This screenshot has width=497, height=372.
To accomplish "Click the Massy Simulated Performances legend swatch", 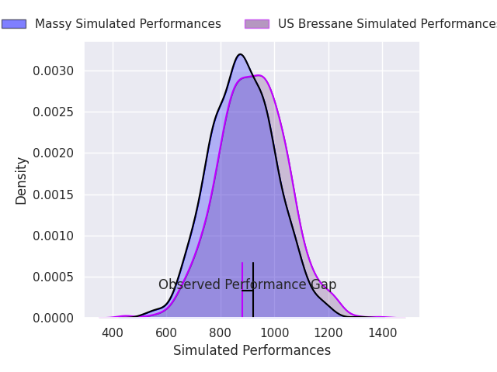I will [x=14, y=24].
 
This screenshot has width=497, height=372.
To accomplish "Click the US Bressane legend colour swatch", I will [x=257, y=24].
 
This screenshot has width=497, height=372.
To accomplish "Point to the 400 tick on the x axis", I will [x=113, y=333].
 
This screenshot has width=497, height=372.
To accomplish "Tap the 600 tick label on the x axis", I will [x=166, y=333].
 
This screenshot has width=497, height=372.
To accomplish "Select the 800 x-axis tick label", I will [x=221, y=333].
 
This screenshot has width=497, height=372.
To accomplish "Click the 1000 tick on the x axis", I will [x=274, y=333].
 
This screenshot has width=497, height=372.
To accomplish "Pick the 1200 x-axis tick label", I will [x=328, y=333].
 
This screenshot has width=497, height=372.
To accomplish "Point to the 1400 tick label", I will [x=382, y=333].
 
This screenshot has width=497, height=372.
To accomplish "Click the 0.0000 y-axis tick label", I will [x=54, y=319].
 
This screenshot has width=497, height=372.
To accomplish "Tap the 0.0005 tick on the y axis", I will [x=54, y=277].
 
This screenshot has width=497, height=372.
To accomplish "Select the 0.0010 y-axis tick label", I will [x=54, y=236].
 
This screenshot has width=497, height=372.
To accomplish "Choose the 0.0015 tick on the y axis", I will [x=54, y=195].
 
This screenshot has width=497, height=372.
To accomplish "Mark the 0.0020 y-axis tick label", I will [x=54, y=153].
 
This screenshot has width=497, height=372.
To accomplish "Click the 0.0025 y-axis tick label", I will [x=54, y=112].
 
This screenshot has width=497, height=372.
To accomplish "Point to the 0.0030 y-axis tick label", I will [x=54, y=71].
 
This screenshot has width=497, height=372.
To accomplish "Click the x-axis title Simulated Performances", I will [x=252, y=351].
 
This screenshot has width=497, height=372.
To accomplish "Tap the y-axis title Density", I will [x=22, y=181].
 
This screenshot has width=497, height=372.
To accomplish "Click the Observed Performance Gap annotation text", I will [x=247, y=285].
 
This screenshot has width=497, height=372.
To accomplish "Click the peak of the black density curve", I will [x=240, y=54].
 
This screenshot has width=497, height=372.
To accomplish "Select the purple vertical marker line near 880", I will [x=242, y=302].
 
